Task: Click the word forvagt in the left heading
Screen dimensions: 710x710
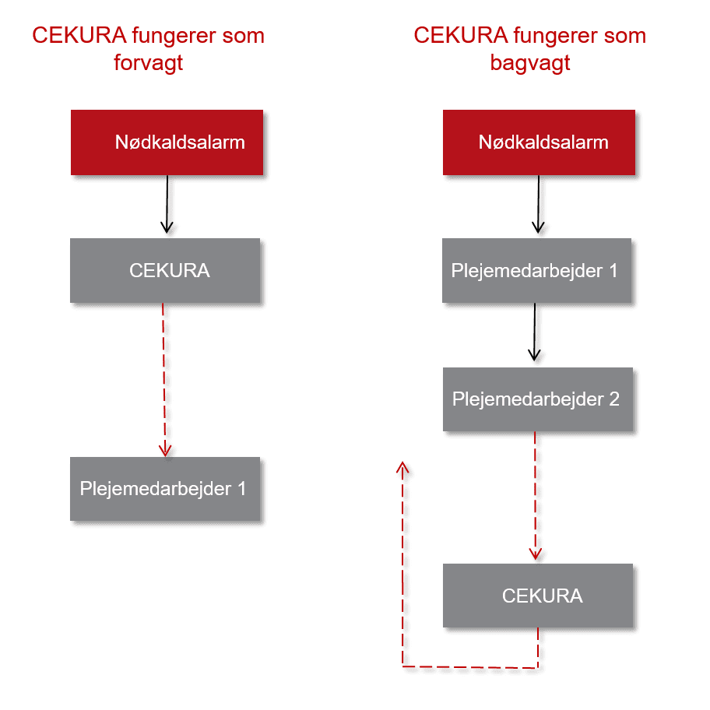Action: (148, 63)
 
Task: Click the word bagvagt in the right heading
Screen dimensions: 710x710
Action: (530, 63)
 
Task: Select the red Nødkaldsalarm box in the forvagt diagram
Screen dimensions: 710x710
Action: (167, 142)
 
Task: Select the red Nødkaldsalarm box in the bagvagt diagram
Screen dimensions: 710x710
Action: (539, 142)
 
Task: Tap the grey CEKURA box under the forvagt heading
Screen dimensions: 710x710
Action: (165, 270)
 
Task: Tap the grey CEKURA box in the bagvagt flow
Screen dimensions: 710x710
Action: (538, 596)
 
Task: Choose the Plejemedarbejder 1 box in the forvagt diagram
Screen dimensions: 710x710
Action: (165, 489)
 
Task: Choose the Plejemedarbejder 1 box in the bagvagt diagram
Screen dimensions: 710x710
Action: (536, 270)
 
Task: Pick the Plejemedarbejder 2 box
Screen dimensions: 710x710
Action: (538, 399)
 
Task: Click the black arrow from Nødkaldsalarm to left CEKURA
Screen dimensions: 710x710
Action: (167, 204)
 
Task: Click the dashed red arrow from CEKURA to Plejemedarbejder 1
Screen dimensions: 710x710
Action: (164, 380)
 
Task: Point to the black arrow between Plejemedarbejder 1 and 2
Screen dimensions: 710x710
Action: (535, 332)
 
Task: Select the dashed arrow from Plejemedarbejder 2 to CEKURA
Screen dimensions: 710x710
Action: (535, 496)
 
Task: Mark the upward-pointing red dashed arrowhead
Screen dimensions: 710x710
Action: (402, 468)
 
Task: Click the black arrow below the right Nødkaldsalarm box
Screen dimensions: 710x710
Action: (539, 204)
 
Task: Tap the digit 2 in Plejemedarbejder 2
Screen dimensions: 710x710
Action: (614, 399)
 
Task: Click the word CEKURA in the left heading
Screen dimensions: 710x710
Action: (79, 35)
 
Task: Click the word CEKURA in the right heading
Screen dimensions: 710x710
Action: (461, 35)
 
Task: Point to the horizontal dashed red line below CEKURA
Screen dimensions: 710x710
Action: (470, 667)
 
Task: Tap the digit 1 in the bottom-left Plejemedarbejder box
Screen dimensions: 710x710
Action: (242, 489)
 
